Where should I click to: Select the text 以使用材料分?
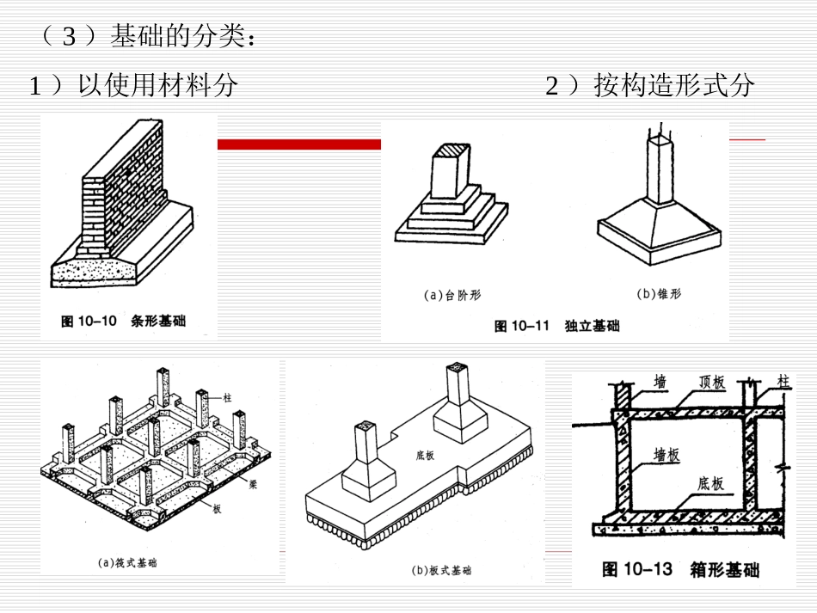[x=156, y=86]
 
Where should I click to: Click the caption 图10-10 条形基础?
[x=124, y=322]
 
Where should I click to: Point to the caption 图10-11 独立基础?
[x=556, y=326]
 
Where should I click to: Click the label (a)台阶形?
[x=452, y=295]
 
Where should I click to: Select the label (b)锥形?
[x=659, y=294]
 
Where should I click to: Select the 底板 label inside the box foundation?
[x=710, y=484]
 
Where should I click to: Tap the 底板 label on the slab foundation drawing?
[x=424, y=455]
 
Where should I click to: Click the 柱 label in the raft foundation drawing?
[x=227, y=397]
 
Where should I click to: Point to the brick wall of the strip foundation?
[x=129, y=189]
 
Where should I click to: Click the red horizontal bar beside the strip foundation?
[x=298, y=144]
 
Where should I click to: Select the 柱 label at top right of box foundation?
[x=783, y=379]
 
